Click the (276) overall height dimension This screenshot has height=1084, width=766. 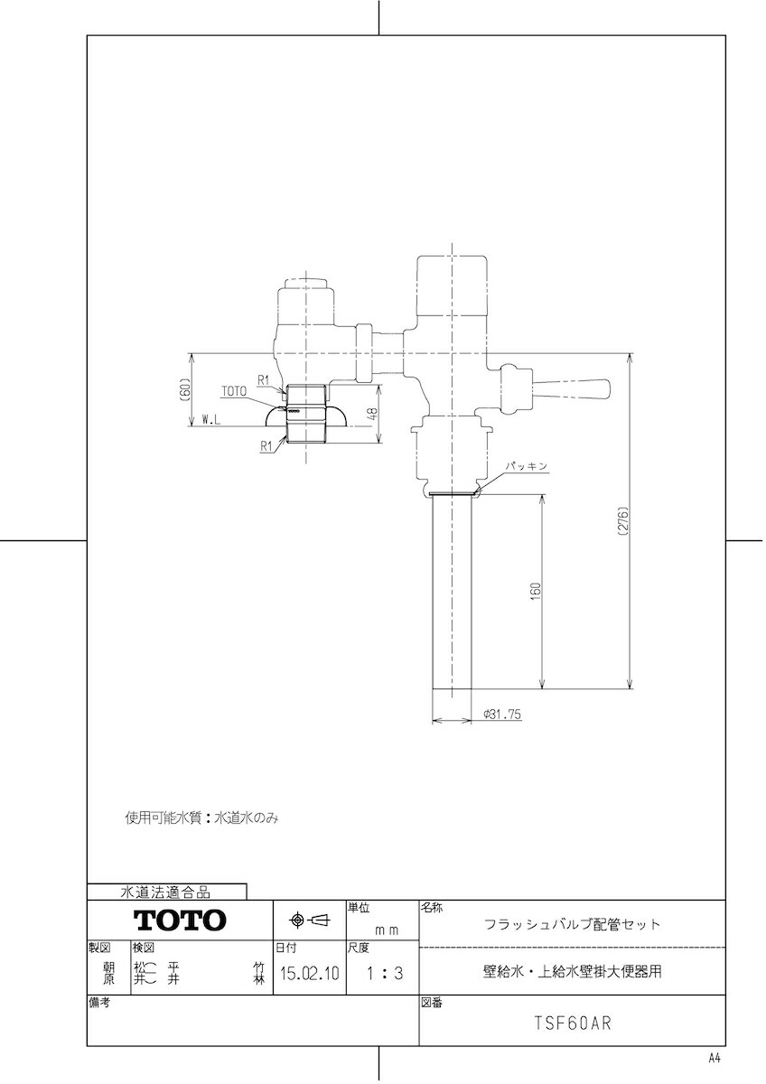coord(622,520)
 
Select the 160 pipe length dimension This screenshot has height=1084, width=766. coord(535,592)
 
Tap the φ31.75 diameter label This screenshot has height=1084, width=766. coord(502,714)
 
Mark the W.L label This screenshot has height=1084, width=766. coord(210,421)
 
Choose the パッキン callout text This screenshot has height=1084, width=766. coord(527,466)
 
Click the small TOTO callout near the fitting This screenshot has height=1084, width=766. coord(234,391)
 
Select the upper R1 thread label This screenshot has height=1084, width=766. coord(263,380)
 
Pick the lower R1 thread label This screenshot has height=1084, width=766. coord(266,446)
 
